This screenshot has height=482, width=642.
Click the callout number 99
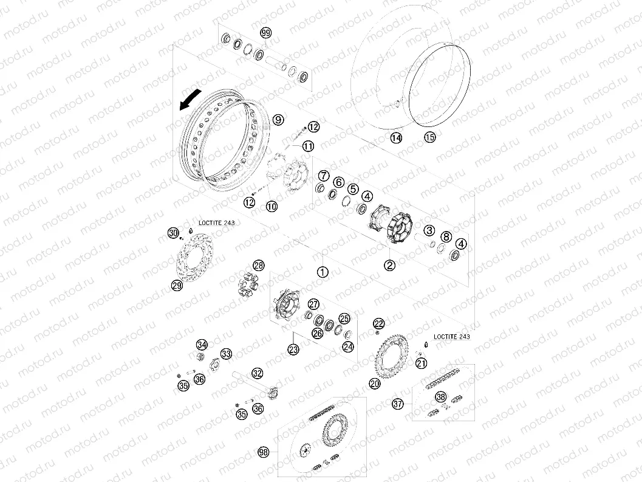(x=266, y=33)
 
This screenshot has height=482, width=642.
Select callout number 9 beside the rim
(x=278, y=120)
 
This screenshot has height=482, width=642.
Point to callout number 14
(x=396, y=138)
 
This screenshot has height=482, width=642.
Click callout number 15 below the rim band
(x=430, y=137)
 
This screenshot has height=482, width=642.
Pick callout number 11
(x=308, y=146)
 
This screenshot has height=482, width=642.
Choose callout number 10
(x=272, y=206)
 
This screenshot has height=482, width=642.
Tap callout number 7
(x=324, y=176)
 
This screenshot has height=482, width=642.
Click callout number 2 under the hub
(x=389, y=265)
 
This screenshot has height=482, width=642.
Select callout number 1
(x=323, y=272)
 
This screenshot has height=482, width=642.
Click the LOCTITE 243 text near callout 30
(x=217, y=223)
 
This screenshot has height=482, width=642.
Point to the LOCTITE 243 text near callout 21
(x=452, y=337)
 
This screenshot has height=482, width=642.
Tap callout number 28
(x=259, y=265)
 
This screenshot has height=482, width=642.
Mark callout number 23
(x=293, y=349)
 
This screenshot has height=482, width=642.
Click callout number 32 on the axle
(x=257, y=373)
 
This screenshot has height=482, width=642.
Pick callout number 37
(x=398, y=404)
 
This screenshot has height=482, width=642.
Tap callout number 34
(x=202, y=344)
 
